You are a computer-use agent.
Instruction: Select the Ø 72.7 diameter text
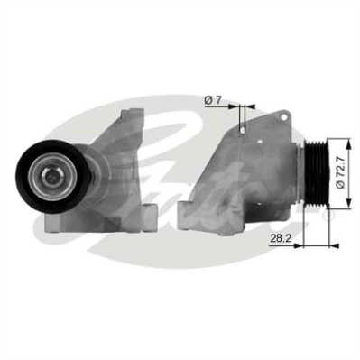(341, 171)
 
